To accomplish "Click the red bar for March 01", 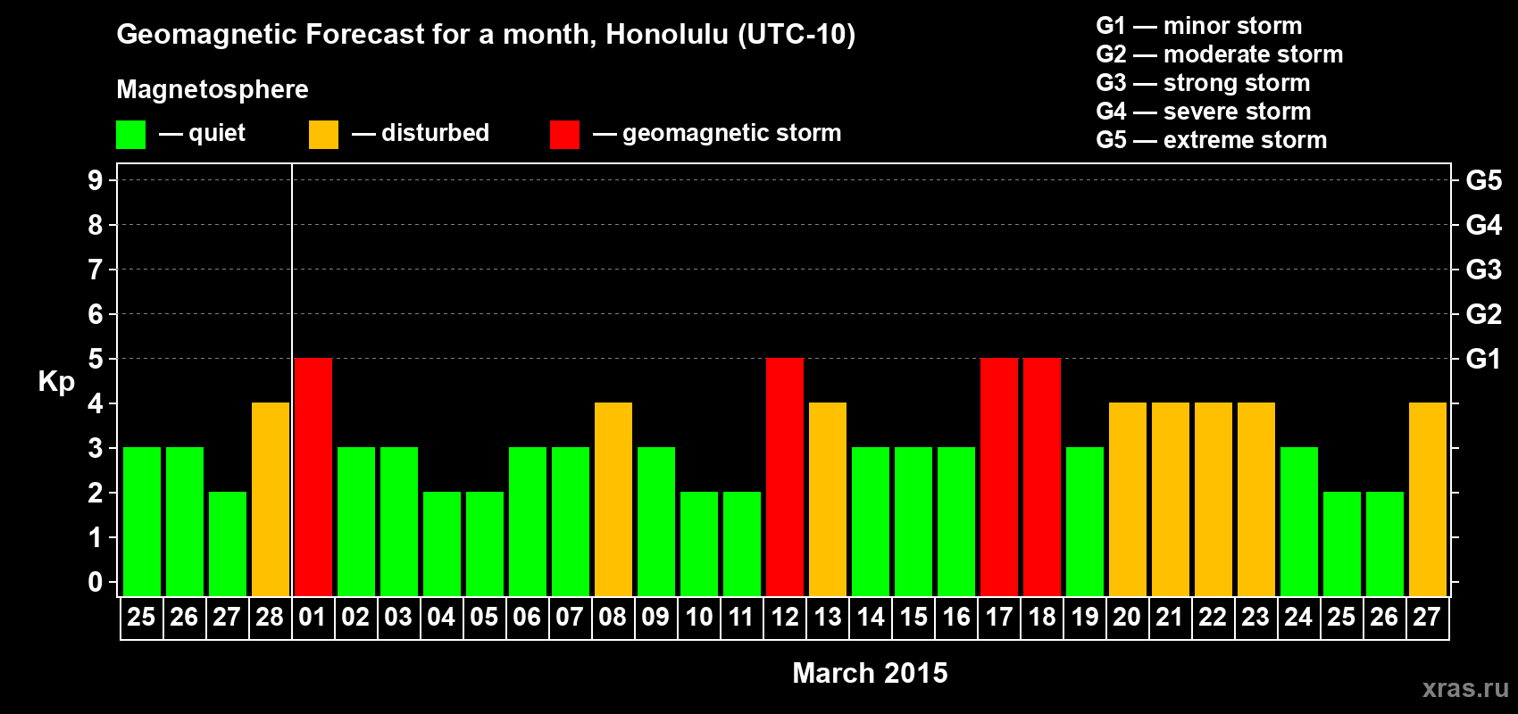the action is [x=313, y=477].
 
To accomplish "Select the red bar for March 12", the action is [x=785, y=477].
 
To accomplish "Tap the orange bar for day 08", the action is [x=613, y=499].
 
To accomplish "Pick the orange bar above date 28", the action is [x=271, y=499].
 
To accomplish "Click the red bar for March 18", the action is [x=1042, y=477].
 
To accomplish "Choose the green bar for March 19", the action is [x=1085, y=521].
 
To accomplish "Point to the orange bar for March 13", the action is [x=828, y=499].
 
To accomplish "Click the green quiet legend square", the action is [x=130, y=134].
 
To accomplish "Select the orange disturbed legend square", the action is [x=323, y=134].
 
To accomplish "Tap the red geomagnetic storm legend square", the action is [x=564, y=134].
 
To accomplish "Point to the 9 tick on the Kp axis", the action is [x=95, y=180].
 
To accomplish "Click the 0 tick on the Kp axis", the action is [x=95, y=582].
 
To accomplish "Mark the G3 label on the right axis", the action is [x=1483, y=270].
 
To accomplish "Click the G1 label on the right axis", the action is [x=1483, y=359].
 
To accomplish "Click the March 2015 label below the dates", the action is [x=870, y=673].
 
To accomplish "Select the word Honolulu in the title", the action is [x=667, y=35].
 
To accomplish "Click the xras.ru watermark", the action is [x=1466, y=689].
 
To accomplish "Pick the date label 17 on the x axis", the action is [x=999, y=617].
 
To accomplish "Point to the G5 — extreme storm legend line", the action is [x=1212, y=140].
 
